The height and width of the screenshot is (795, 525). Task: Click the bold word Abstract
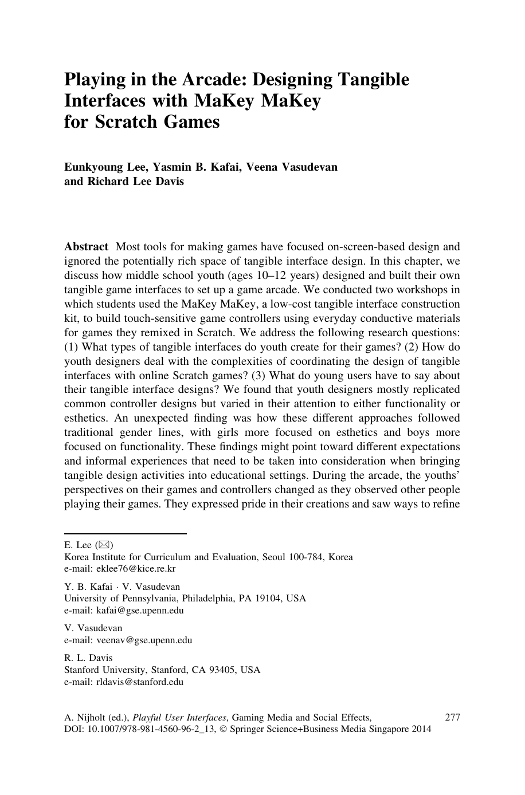point(86,247)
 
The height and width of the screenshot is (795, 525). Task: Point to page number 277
point(452,717)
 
